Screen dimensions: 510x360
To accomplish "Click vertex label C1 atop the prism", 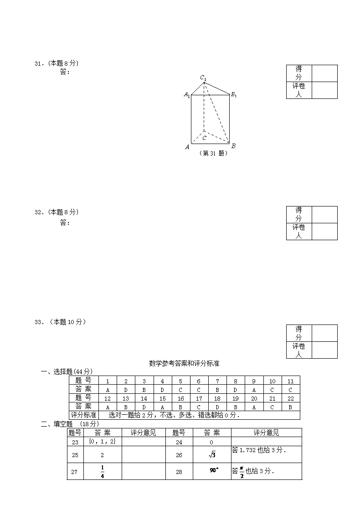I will pyautogui.click(x=203, y=78).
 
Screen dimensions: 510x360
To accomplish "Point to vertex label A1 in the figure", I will pyautogui.click(x=187, y=95).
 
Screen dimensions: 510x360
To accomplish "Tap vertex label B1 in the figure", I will pyautogui.click(x=233, y=95).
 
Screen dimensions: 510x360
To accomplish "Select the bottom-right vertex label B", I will pyautogui.click(x=233, y=146).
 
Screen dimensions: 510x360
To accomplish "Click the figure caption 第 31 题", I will pyautogui.click(x=213, y=154).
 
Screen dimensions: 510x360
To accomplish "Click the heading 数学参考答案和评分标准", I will pyautogui.click(x=184, y=363).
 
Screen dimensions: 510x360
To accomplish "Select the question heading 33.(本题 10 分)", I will pyautogui.click(x=60, y=322).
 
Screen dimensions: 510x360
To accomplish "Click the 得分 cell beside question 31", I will pyautogui.click(x=299, y=73).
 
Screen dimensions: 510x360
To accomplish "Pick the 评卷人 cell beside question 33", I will pyautogui.click(x=299, y=350).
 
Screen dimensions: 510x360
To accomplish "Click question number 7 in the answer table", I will pyautogui.click(x=217, y=381).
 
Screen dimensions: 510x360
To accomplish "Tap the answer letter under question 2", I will pyautogui.click(x=126, y=390).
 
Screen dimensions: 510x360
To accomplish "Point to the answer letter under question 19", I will pyautogui.click(x=236, y=407).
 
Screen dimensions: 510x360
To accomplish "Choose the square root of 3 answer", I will pyautogui.click(x=212, y=454).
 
